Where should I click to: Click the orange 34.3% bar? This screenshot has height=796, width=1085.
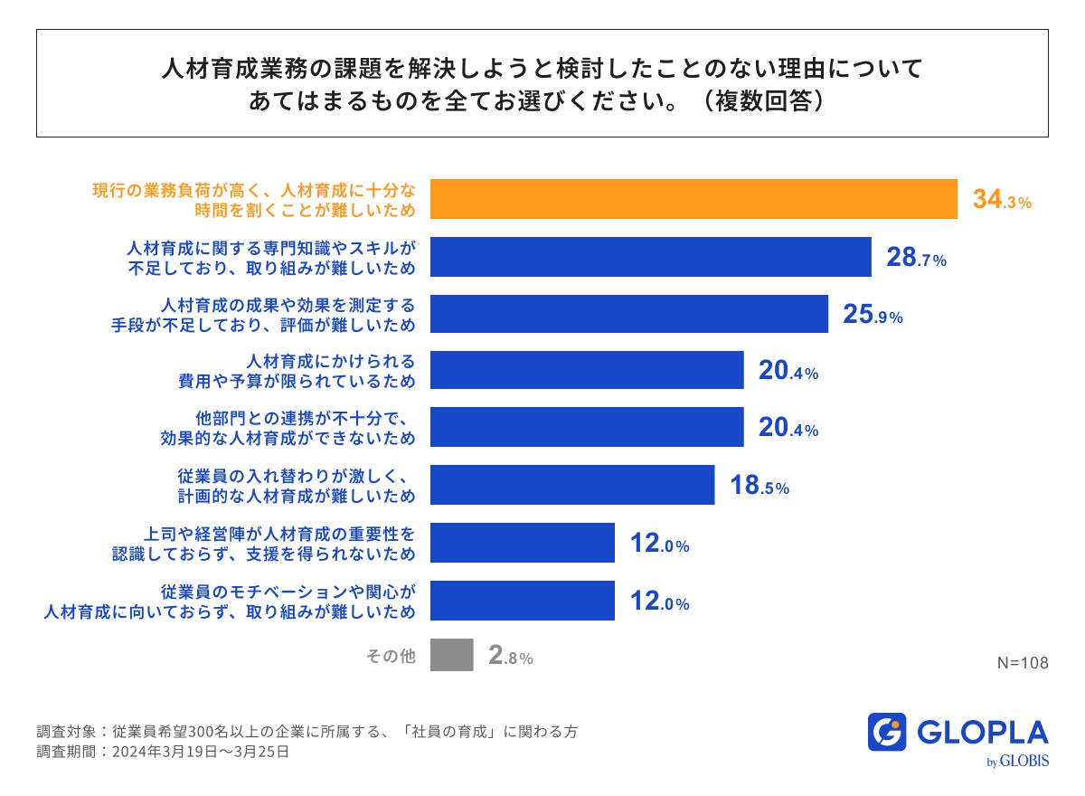[693, 199]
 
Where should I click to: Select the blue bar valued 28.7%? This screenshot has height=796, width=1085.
[650, 257]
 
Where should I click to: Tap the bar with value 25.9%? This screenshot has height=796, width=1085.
[629, 314]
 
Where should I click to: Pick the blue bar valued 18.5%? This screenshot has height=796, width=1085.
[572, 485]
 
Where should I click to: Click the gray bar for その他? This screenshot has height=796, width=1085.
[452, 656]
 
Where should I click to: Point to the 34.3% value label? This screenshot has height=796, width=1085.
[1002, 201]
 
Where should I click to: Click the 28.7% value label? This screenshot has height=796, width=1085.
[916, 258]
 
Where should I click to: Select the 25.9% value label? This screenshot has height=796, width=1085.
[873, 315]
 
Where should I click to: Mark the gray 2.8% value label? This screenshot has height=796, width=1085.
[510, 657]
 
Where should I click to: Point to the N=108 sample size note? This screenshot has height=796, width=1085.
[1023, 663]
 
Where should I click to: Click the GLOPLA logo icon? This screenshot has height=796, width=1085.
[887, 733]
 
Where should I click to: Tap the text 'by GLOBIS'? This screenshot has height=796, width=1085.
[1018, 762]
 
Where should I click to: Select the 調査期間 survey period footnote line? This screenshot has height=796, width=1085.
[163, 752]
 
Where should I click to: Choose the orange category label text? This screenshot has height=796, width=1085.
[254, 200]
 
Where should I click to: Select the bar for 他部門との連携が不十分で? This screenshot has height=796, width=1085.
[587, 428]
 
